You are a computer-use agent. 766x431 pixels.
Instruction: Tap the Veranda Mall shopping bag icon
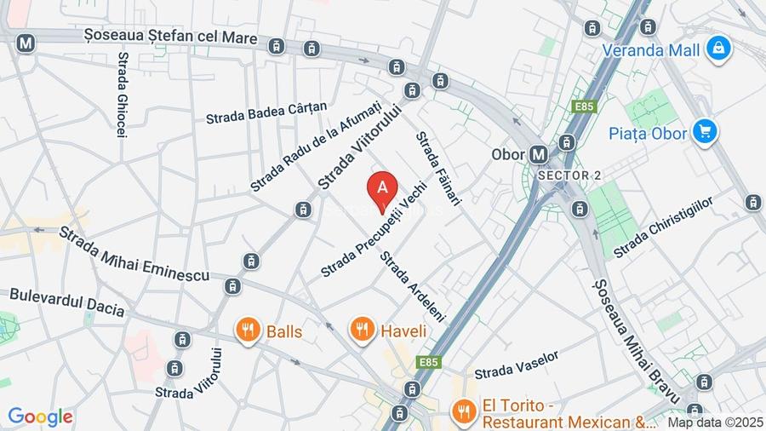[720, 48]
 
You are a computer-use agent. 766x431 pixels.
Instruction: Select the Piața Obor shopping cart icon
[704, 131]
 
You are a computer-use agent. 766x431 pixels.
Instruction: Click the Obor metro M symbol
[538, 154]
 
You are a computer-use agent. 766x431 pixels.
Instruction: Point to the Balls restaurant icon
[248, 330]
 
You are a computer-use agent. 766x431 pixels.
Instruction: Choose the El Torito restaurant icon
[463, 410]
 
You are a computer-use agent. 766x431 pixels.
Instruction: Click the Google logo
[40, 417]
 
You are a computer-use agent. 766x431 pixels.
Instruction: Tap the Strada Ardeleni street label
[413, 285]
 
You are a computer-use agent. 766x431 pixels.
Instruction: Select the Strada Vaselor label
[517, 365]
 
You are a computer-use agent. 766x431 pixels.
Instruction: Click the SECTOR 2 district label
[569, 175]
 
